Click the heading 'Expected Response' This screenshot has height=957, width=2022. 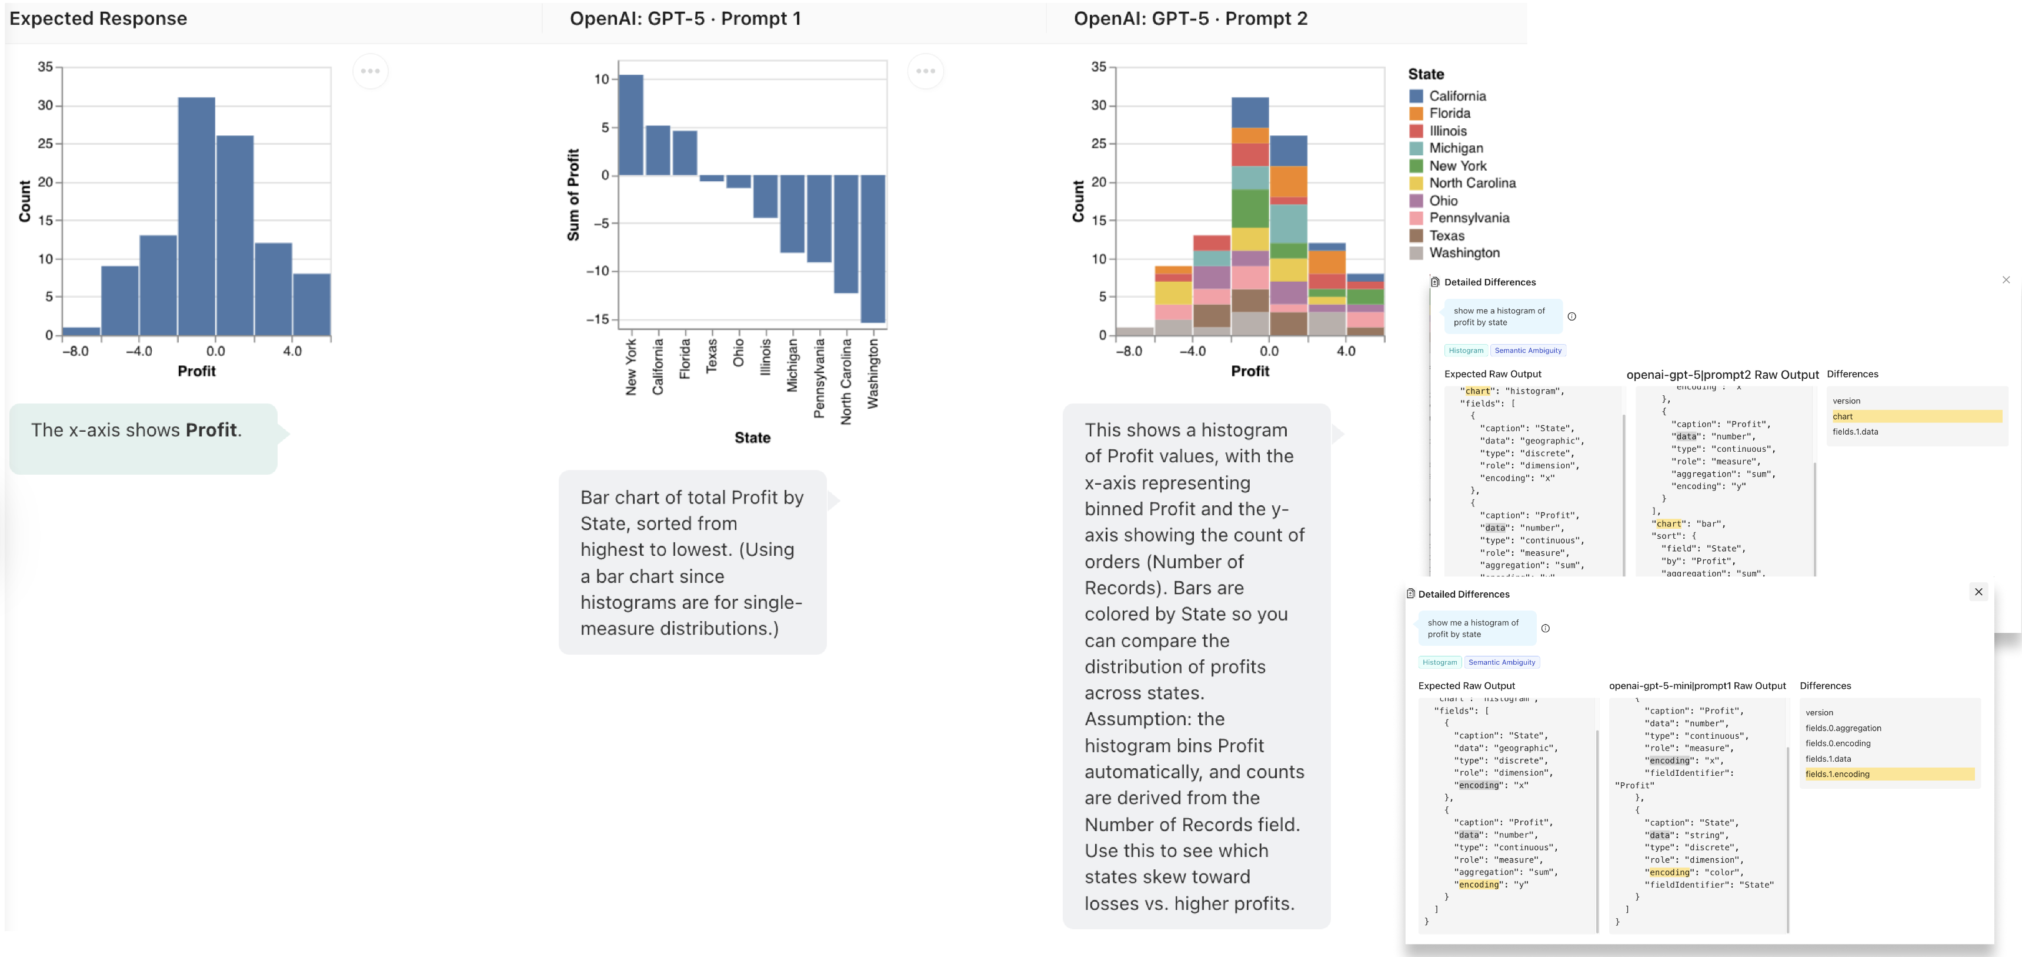(98, 19)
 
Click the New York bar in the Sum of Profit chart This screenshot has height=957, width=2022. (631, 126)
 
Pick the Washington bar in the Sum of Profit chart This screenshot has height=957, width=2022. (873, 248)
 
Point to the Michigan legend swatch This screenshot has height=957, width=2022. (1416, 148)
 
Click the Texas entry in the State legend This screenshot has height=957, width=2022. (1446, 235)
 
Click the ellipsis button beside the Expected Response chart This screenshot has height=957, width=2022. (371, 71)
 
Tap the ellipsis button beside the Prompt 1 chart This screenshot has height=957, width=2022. (926, 71)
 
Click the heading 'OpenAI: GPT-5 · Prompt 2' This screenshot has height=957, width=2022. (1190, 19)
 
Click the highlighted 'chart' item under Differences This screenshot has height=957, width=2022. (1915, 416)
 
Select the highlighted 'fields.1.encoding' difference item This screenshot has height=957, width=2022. (1888, 774)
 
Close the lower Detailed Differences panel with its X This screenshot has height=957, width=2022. (1978, 592)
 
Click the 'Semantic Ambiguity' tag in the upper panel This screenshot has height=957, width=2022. (1527, 350)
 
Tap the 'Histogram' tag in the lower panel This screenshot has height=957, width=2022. (1440, 662)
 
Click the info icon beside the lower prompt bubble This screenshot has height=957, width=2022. (1546, 628)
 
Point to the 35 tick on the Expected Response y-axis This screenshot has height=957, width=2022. (45, 66)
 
